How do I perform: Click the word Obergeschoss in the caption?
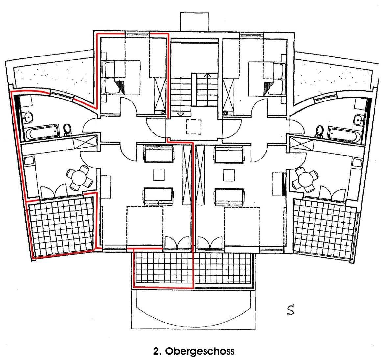pyautogui.click(x=200, y=351)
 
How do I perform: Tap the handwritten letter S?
pyautogui.click(x=291, y=310)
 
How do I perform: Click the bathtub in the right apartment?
pyautogui.click(x=344, y=134)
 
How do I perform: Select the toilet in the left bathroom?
pyautogui.click(x=67, y=130)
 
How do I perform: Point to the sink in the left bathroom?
pyautogui.click(x=28, y=117)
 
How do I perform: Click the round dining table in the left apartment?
pyautogui.click(x=79, y=178)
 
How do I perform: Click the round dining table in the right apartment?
pyautogui.click(x=305, y=180)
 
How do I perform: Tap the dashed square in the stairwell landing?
pyautogui.click(x=194, y=127)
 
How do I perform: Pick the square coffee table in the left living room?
pyautogui.click(x=159, y=175)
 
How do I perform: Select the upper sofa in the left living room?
pyautogui.click(x=159, y=154)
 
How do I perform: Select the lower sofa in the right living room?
pyautogui.click(x=229, y=197)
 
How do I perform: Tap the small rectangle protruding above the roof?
pyautogui.click(x=195, y=22)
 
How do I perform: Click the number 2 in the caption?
pyautogui.click(x=156, y=351)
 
